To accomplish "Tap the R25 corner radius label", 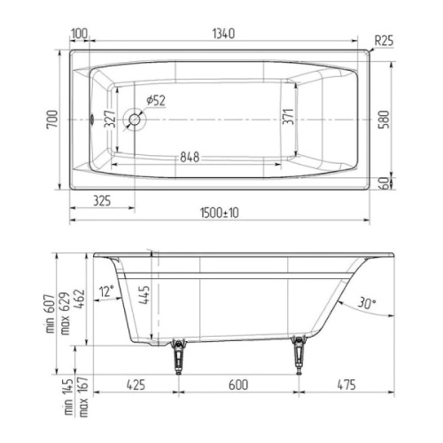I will tap(384, 40).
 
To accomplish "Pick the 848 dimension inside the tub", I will tap(188, 157).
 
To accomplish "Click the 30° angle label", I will tap(367, 304).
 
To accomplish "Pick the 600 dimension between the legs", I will tap(238, 386).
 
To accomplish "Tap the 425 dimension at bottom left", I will tap(136, 386).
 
